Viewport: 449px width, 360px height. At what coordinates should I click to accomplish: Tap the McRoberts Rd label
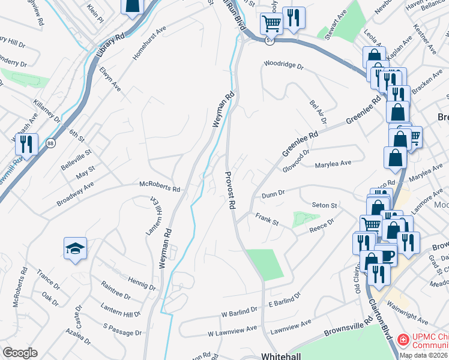(160, 188)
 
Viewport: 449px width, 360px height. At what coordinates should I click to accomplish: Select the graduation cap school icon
(75, 248)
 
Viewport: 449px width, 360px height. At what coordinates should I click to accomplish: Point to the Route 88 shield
(50, 143)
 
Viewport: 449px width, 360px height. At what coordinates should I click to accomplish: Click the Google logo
(20, 352)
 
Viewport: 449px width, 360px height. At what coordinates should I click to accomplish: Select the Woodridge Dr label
(284, 64)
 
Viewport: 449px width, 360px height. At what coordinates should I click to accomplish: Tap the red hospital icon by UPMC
(403, 340)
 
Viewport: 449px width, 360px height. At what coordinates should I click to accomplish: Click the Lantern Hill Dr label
(121, 310)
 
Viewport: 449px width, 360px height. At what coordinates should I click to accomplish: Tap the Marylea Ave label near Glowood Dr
(333, 163)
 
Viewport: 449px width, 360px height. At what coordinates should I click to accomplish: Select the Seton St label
(325, 205)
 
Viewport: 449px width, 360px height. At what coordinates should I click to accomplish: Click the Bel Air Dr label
(318, 112)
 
